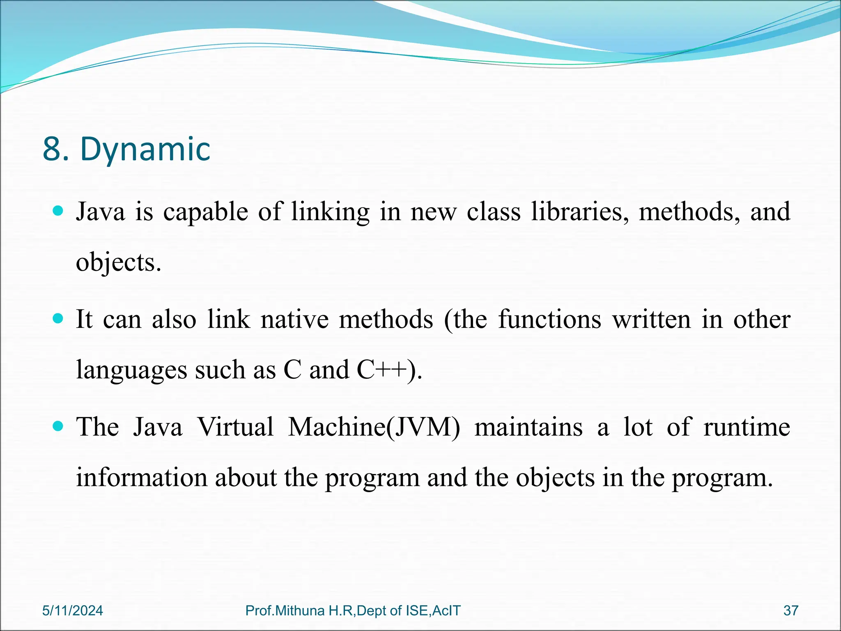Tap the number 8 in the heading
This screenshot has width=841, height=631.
point(52,150)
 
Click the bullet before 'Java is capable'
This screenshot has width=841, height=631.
point(58,211)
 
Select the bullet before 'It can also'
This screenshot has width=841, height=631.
point(58,319)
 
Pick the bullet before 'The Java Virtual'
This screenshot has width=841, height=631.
point(58,426)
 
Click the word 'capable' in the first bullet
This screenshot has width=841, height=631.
point(205,212)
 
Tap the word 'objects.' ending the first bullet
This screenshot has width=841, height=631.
point(118,263)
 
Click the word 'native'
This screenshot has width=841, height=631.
point(294,320)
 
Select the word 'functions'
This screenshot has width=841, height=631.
point(549,320)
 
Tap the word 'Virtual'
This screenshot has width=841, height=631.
point(235,427)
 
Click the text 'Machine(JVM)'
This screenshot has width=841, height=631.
point(374,427)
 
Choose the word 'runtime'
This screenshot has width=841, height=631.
point(747,427)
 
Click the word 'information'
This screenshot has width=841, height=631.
point(142,478)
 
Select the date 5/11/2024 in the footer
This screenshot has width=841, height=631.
point(73,611)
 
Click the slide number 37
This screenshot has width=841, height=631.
point(790,611)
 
